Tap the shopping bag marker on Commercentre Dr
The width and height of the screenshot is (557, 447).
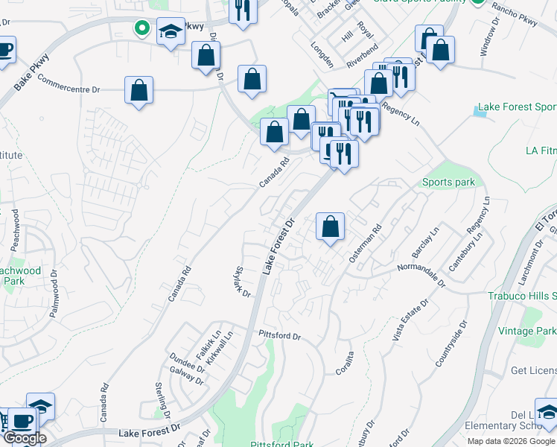point(139,91)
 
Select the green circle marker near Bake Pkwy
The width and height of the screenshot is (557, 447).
point(141,29)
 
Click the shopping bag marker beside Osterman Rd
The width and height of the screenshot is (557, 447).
point(330,226)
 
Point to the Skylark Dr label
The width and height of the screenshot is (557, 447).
point(242,282)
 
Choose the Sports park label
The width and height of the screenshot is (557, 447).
point(448,183)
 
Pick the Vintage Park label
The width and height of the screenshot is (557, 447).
point(527,331)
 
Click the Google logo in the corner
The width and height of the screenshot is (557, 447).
point(25,438)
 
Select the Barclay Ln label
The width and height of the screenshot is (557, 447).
point(425,240)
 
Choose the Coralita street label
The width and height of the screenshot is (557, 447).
point(343,367)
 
